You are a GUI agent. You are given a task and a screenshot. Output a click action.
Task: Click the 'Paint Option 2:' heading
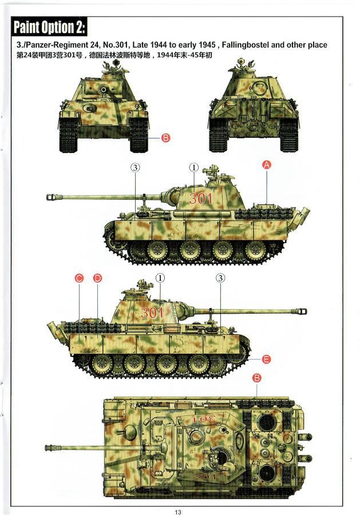(x=49, y=27)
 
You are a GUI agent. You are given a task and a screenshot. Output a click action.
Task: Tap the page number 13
(x=178, y=512)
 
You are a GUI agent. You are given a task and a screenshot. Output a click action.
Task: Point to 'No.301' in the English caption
(x=116, y=45)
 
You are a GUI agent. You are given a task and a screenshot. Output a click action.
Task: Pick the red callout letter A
(x=266, y=165)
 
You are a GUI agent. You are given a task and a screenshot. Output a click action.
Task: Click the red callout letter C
(x=79, y=279)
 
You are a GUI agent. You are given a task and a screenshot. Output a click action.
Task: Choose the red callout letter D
(x=97, y=279)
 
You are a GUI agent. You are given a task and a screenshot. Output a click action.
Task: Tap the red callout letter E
(x=266, y=359)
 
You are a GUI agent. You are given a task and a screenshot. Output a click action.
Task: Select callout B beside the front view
(x=166, y=138)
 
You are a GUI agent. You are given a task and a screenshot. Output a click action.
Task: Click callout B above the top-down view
(x=256, y=378)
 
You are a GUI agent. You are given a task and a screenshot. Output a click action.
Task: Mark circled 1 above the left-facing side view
(x=194, y=168)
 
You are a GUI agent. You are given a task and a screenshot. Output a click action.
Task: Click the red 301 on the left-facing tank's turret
(x=201, y=199)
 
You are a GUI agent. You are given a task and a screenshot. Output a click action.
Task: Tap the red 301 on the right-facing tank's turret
(x=152, y=312)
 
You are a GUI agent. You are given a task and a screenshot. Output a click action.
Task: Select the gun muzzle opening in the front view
(x=104, y=89)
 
